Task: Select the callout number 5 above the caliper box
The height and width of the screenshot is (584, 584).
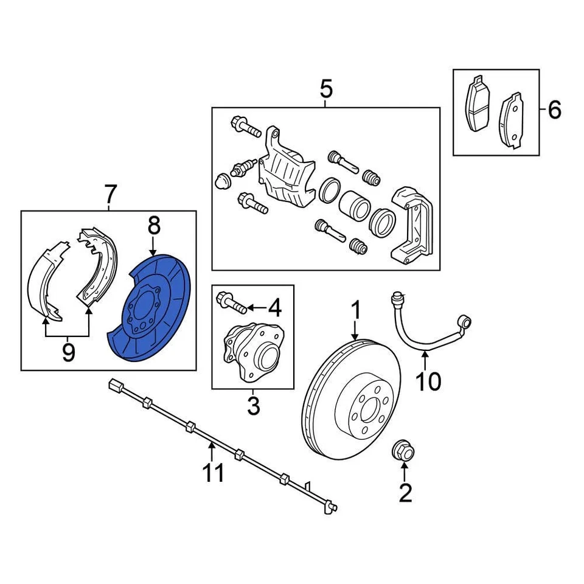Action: point(326,90)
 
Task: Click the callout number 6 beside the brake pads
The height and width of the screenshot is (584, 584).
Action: point(554,111)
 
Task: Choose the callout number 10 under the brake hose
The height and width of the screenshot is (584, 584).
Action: point(428,381)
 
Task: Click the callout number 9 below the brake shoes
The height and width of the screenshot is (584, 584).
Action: point(68,352)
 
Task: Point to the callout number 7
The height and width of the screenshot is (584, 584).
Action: point(109,195)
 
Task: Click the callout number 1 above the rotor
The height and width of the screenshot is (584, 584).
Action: point(355,311)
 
